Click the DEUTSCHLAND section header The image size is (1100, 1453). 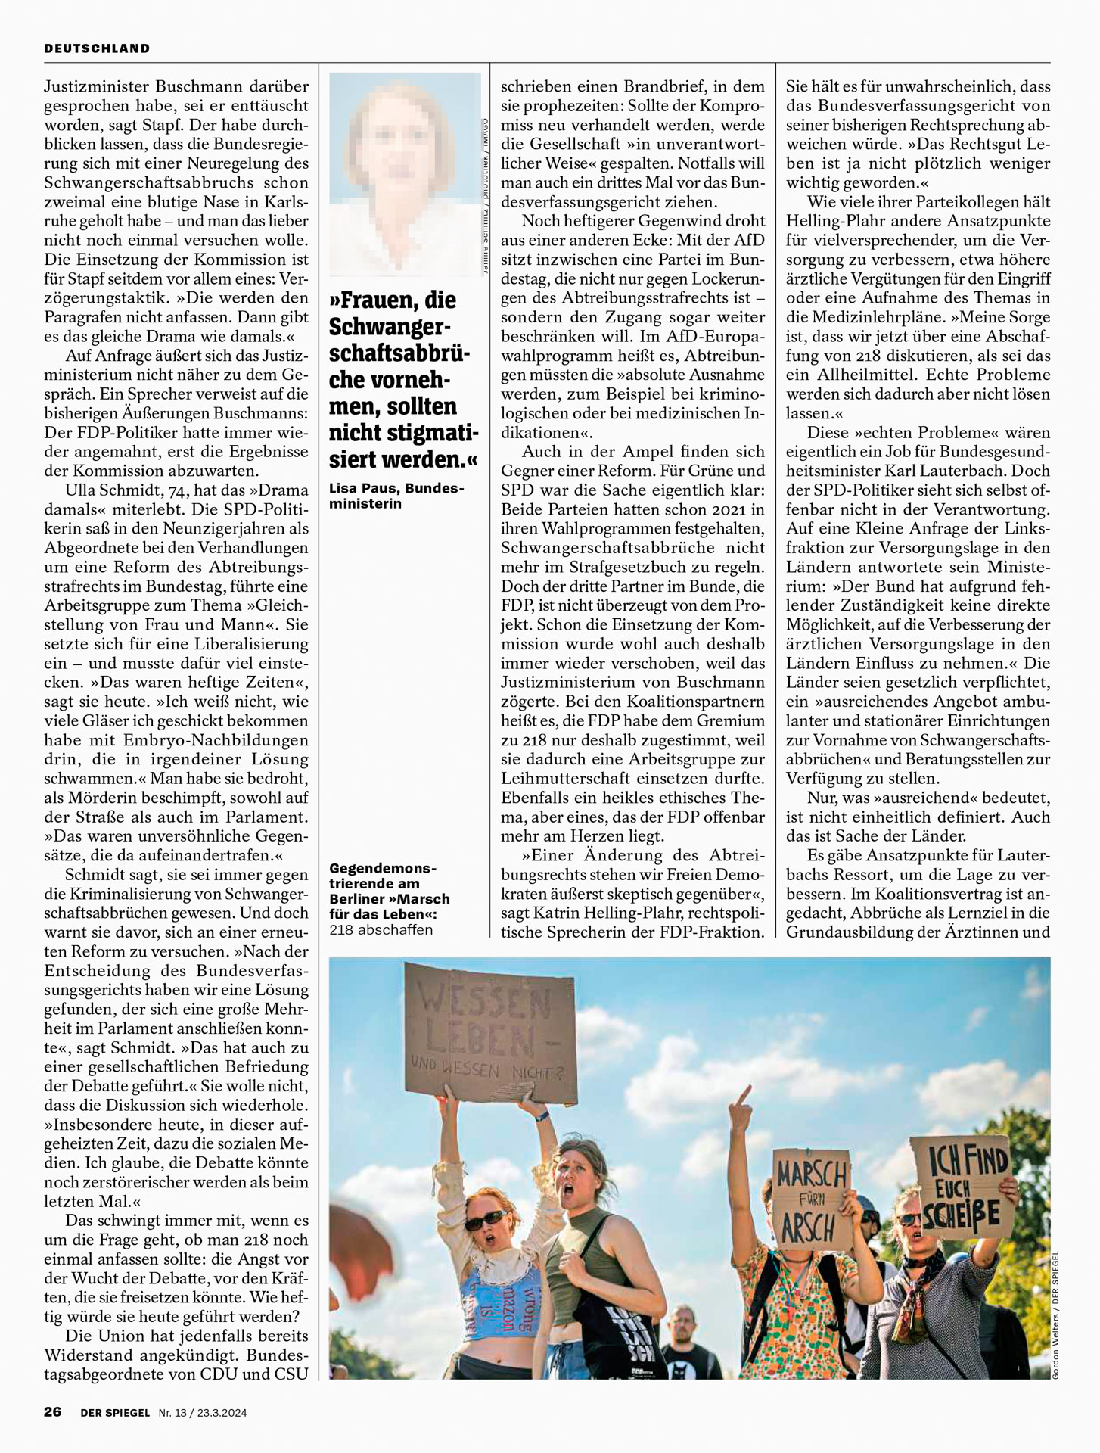[97, 48]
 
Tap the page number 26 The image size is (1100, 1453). [52, 1412]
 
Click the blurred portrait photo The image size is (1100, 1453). [405, 174]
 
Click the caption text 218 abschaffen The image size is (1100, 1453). [381, 929]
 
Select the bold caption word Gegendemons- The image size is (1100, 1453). [383, 868]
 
